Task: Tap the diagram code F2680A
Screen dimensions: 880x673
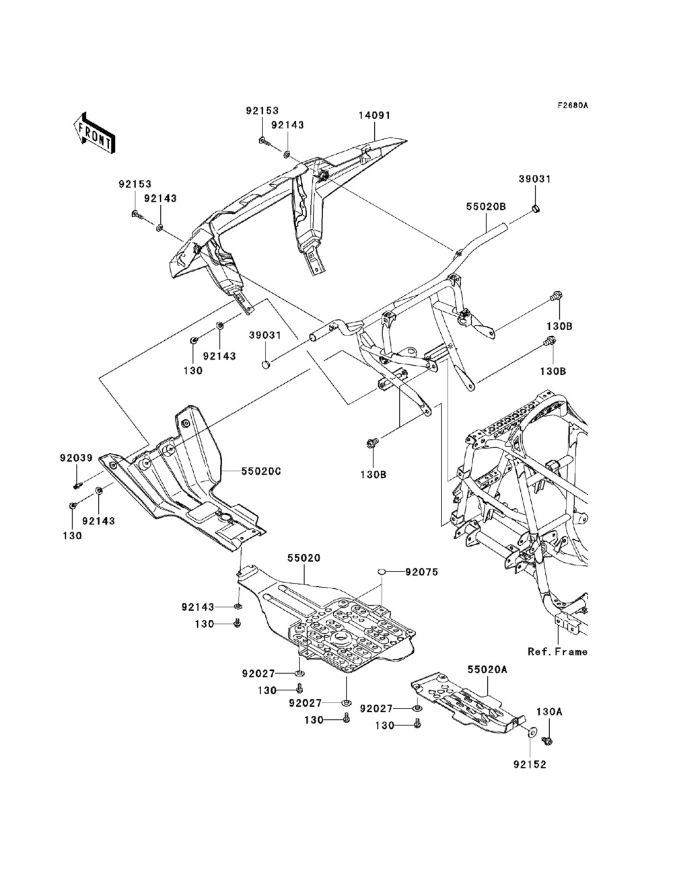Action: click(x=572, y=106)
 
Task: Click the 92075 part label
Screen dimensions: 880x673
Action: click(x=421, y=572)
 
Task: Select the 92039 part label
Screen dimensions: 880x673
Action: click(x=75, y=458)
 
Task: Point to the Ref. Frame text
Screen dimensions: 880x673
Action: click(x=557, y=651)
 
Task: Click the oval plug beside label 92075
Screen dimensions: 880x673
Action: click(x=382, y=572)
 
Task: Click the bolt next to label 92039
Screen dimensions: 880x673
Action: click(x=78, y=483)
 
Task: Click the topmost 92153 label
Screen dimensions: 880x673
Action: click(x=262, y=111)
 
